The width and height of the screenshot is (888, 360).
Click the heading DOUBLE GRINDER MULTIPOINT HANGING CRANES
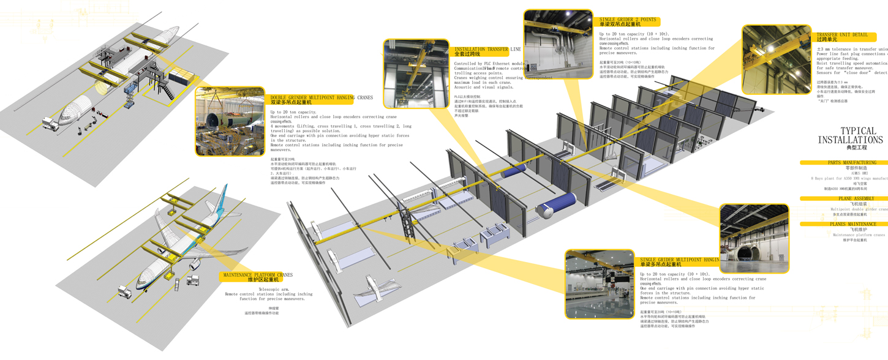(x=322, y=98)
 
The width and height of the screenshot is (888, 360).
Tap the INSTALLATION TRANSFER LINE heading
(x=487, y=49)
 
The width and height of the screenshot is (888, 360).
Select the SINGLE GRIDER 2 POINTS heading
(x=627, y=20)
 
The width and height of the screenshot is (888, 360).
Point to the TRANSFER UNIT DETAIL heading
(x=842, y=35)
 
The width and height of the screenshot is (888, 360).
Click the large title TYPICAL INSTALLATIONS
(x=850, y=135)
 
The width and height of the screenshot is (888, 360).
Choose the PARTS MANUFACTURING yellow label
(x=851, y=163)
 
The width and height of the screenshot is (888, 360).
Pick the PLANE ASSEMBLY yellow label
(x=856, y=198)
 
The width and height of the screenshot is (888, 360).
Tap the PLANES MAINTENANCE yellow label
(x=852, y=224)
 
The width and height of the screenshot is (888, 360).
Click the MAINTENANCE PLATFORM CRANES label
(x=258, y=276)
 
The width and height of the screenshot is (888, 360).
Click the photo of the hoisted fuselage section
(x=230, y=121)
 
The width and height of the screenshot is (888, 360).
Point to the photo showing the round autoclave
(x=754, y=238)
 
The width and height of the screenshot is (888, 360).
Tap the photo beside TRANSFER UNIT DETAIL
(x=777, y=59)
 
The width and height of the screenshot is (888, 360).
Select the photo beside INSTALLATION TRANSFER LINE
(x=416, y=73)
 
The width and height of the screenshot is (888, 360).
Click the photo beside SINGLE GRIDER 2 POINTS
(x=558, y=44)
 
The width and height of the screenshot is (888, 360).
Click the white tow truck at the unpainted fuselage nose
(x=50, y=126)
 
